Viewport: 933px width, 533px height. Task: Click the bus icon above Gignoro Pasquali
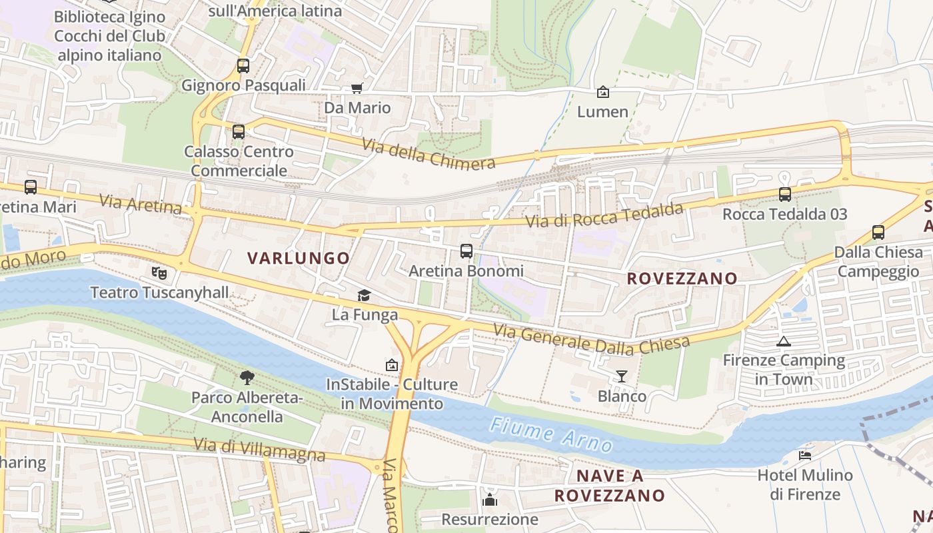(x=243, y=66)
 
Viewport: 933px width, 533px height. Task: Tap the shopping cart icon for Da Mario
(x=357, y=89)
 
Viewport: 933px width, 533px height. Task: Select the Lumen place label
(x=602, y=111)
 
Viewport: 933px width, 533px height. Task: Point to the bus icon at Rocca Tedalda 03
(x=785, y=195)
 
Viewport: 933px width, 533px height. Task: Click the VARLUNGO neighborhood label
(x=299, y=258)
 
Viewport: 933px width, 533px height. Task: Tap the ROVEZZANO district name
(x=682, y=278)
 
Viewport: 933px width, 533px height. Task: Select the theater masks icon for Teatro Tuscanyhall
(x=159, y=272)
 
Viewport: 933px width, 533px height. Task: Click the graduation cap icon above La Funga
(x=364, y=295)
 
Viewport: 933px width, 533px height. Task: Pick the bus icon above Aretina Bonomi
(x=467, y=251)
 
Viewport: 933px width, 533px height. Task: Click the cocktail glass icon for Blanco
(x=622, y=376)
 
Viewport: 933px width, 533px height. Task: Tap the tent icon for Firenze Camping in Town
(x=784, y=341)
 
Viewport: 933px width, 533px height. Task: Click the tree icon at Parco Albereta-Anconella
(x=247, y=378)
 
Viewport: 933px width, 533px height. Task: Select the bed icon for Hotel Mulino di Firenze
(x=805, y=456)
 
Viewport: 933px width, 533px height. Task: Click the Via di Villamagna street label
(x=259, y=449)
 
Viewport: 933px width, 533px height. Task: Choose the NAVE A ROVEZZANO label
(x=609, y=486)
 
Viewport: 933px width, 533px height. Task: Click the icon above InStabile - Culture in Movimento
(x=392, y=365)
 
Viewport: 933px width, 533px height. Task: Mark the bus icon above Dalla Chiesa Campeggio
(x=878, y=233)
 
